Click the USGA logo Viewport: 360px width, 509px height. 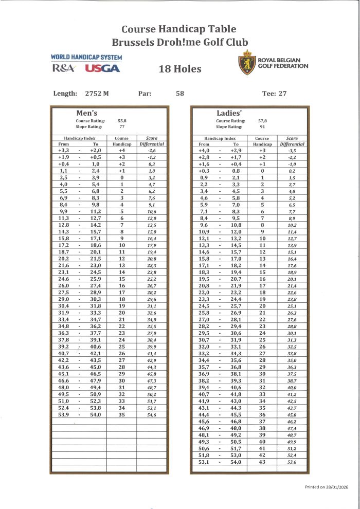(x=102, y=68)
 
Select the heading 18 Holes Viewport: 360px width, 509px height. (x=179, y=69)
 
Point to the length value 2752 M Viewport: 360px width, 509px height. (x=97, y=94)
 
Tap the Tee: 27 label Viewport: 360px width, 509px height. (x=275, y=94)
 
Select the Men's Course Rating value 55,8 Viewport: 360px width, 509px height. (x=122, y=120)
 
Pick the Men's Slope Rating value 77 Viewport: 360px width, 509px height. (x=122, y=126)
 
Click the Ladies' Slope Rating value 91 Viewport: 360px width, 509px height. (x=263, y=126)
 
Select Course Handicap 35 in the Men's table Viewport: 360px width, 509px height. (x=122, y=414)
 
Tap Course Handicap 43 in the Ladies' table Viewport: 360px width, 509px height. (x=262, y=462)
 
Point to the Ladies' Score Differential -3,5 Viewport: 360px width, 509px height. (x=292, y=150)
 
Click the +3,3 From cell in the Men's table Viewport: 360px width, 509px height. (x=66, y=150)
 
